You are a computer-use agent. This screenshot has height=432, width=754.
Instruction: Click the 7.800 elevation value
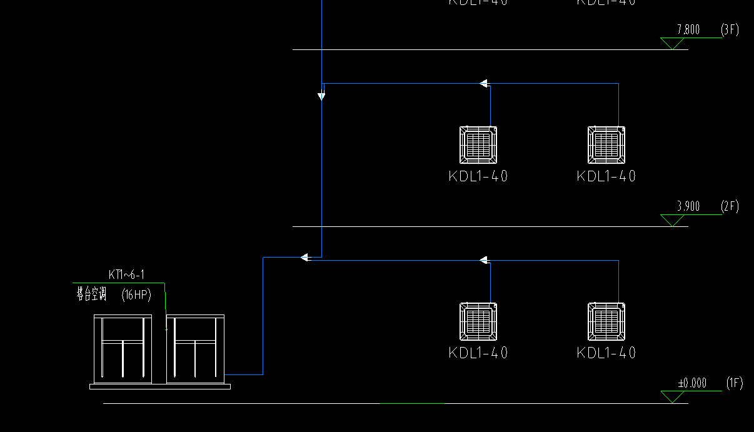click(x=688, y=29)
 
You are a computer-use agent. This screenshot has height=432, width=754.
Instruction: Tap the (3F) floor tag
click(x=730, y=29)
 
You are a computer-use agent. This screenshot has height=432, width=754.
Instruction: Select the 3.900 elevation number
click(x=688, y=206)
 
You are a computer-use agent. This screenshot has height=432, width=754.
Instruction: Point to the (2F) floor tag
click(x=730, y=206)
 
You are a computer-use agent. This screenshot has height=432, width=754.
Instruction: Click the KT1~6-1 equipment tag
click(x=126, y=274)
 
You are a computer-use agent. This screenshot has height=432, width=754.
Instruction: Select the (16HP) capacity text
click(x=136, y=294)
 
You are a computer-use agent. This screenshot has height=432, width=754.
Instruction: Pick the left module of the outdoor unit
click(x=123, y=349)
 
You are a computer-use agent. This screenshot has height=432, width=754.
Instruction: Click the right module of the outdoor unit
click(x=195, y=349)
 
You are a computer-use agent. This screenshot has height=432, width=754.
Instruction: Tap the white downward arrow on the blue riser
click(x=321, y=96)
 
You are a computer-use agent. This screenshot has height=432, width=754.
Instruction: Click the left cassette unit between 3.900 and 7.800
click(x=478, y=145)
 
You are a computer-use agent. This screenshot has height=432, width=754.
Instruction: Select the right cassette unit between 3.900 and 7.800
click(x=606, y=145)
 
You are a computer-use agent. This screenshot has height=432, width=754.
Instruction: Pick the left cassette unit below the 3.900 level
click(x=478, y=322)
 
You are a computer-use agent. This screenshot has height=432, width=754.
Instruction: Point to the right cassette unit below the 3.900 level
click(x=606, y=322)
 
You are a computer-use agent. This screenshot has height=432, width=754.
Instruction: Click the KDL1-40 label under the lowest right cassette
click(x=606, y=353)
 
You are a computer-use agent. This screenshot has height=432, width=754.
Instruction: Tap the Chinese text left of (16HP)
click(x=91, y=294)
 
